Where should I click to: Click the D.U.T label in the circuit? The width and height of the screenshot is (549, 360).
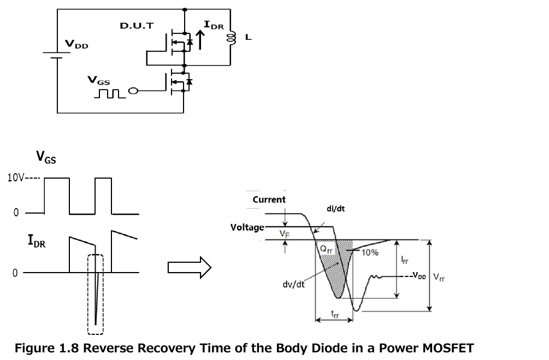[x=137, y=26]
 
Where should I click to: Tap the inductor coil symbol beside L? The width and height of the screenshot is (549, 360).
[x=232, y=38]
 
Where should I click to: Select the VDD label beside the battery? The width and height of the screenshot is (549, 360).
[x=76, y=44]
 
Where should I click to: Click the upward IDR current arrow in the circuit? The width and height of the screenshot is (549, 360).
[x=200, y=40]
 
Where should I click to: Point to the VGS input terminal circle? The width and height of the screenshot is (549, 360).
[x=133, y=91]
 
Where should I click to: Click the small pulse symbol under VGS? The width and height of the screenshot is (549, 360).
[x=110, y=93]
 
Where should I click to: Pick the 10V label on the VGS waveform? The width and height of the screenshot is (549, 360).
[x=16, y=178]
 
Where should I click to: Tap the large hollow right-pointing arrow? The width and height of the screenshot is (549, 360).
[x=190, y=268]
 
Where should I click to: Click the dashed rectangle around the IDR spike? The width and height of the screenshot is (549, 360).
[x=88, y=294]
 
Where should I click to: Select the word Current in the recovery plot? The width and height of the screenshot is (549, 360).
[x=269, y=199]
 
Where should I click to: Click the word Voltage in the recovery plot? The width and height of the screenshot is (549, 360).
[x=247, y=227]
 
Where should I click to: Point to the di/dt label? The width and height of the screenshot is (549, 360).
[x=335, y=209]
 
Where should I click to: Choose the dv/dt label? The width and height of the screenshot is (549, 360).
[x=293, y=284]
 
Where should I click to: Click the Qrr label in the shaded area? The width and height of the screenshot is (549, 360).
[x=326, y=249]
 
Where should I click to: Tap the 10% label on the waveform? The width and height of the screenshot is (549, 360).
[x=370, y=252]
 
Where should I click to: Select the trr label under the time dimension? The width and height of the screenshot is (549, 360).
[x=335, y=314]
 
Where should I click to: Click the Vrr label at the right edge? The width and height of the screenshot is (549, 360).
[x=439, y=278]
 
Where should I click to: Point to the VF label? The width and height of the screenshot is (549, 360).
[x=285, y=234]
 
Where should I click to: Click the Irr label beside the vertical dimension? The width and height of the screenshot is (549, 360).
[x=404, y=259]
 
